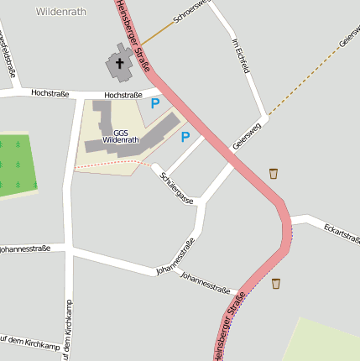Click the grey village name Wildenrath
point(61,12)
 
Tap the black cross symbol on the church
point(119,63)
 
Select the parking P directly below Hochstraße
point(154,103)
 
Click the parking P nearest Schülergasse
point(185,136)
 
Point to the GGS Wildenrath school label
point(121,136)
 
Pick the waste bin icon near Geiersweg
point(274,173)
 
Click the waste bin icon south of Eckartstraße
point(276,283)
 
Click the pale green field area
point(323,340)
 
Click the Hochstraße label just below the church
point(123,96)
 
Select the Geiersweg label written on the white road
point(248,135)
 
